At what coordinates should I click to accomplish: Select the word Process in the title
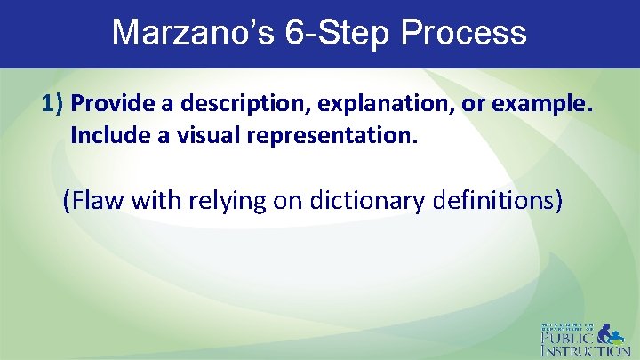[x=464, y=33]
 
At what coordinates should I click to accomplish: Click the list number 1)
[x=53, y=104]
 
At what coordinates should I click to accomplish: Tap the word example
[x=537, y=104]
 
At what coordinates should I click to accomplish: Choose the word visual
[x=195, y=136]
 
